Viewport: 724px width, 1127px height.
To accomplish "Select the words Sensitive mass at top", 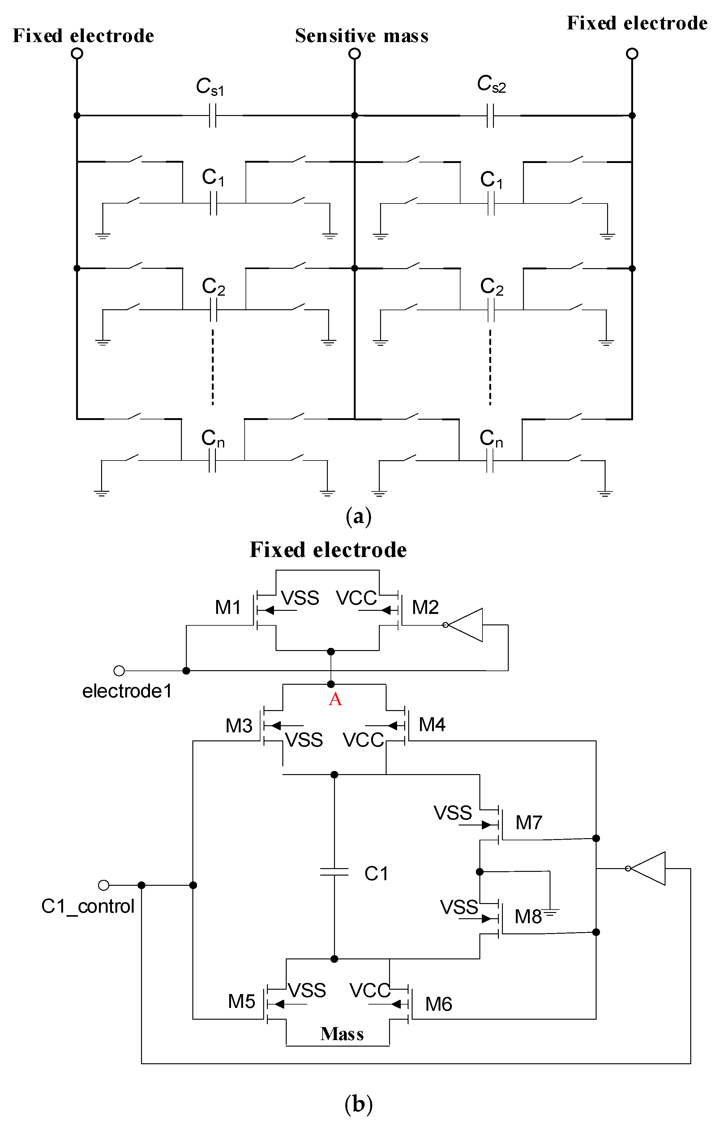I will [x=362, y=36].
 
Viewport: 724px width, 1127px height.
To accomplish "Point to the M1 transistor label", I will [x=228, y=607].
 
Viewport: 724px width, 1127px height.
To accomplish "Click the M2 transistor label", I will [x=425, y=607].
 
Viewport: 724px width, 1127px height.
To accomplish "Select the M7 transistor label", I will [x=529, y=822].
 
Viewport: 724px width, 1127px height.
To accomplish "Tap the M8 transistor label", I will [x=528, y=916].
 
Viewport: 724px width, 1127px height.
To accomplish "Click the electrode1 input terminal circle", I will [x=119, y=671].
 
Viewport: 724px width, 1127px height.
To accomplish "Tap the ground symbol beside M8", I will [x=550, y=912].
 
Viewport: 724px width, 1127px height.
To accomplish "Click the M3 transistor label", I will [x=239, y=726].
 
